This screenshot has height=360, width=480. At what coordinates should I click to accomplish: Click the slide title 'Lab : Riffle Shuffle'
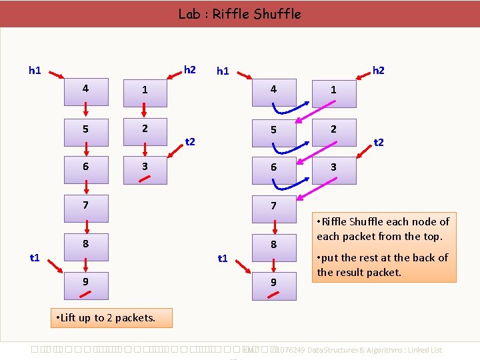click(x=239, y=13)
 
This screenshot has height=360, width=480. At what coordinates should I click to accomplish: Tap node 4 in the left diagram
click(x=85, y=89)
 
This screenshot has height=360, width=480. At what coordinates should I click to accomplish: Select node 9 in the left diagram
click(x=85, y=282)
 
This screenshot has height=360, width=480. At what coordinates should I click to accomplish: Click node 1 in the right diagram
click(x=333, y=89)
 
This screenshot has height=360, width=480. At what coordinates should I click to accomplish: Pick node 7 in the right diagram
click(x=273, y=206)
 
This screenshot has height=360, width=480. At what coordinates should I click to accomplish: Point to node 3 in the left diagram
click(x=145, y=167)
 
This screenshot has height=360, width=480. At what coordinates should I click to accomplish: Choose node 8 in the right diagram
click(x=273, y=245)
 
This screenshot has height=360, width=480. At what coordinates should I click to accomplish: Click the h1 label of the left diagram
click(x=35, y=69)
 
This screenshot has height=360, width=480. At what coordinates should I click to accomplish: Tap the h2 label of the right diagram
click(x=379, y=70)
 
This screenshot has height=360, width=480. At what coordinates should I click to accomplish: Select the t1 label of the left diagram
click(x=35, y=257)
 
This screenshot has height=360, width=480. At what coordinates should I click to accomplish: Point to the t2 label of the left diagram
click(x=190, y=141)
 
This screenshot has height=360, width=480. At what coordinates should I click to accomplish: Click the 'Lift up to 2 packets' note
click(x=111, y=317)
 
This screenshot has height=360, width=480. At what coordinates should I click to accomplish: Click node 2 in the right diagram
click(x=333, y=129)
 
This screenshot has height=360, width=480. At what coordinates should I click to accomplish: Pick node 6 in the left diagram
click(x=85, y=167)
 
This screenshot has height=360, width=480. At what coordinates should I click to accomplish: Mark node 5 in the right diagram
click(x=273, y=129)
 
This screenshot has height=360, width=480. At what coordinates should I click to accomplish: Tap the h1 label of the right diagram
click(x=223, y=71)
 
